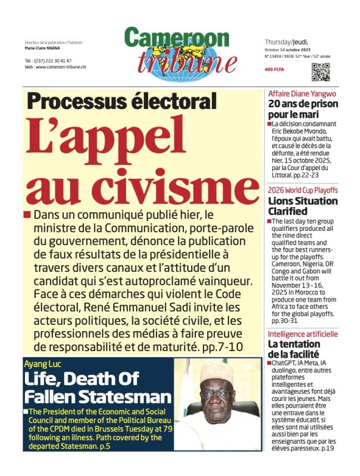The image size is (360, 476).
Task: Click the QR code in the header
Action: click(320, 71)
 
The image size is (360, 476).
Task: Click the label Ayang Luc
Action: click(43, 362)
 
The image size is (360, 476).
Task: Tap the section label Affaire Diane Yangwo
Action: click(302, 94)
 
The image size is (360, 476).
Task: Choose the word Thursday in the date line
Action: click(277, 42)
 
